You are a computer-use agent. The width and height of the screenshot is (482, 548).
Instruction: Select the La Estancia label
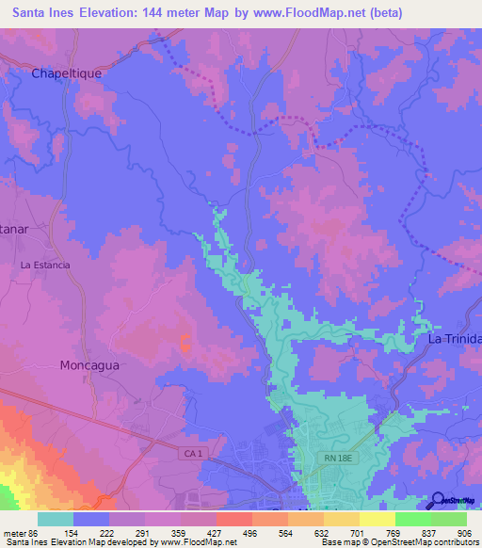click(x=45, y=266)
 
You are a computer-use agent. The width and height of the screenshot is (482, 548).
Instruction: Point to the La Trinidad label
click(x=455, y=338)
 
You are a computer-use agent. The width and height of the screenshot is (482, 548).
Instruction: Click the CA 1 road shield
click(x=192, y=454)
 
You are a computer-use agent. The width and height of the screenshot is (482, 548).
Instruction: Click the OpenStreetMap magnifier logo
click(x=439, y=501)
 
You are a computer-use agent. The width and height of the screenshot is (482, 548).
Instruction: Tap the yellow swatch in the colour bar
click(x=377, y=519)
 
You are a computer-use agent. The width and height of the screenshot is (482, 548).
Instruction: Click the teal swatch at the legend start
click(x=56, y=519)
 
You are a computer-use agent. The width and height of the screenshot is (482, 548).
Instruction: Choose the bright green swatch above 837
click(x=412, y=519)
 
